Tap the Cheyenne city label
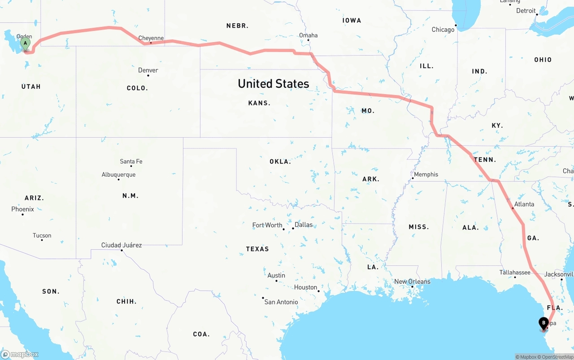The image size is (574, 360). pyautogui.click(x=151, y=38)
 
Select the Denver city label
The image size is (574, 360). pyautogui.click(x=148, y=70)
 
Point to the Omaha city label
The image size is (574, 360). pyautogui.click(x=309, y=35)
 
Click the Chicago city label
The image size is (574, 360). pyautogui.click(x=443, y=30)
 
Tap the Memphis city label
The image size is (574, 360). pyautogui.click(x=426, y=174)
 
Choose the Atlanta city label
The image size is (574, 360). pyautogui.click(x=524, y=204)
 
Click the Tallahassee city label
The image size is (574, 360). pyautogui.click(x=515, y=272)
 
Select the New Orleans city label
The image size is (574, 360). pyautogui.click(x=412, y=282)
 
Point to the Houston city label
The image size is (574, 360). pyautogui.click(x=305, y=287)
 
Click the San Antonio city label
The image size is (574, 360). pyautogui.click(x=281, y=302)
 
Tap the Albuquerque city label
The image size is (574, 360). pyautogui.click(x=118, y=174)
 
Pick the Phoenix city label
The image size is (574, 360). pyautogui.click(x=22, y=209)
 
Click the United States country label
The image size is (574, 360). pyautogui.click(x=273, y=84)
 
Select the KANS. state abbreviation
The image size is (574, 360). pyautogui.click(x=259, y=103)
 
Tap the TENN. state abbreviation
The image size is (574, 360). pyautogui.click(x=485, y=160)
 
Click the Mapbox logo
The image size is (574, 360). pyautogui.click(x=20, y=354)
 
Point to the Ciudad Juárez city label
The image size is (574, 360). pyautogui.click(x=122, y=245)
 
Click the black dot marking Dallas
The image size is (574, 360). pyautogui.click(x=293, y=228)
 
